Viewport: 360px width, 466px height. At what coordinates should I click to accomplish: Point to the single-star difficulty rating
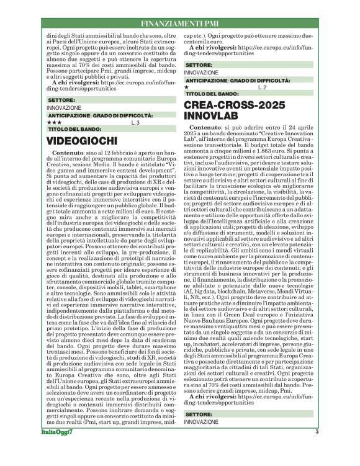pos(187,87)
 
